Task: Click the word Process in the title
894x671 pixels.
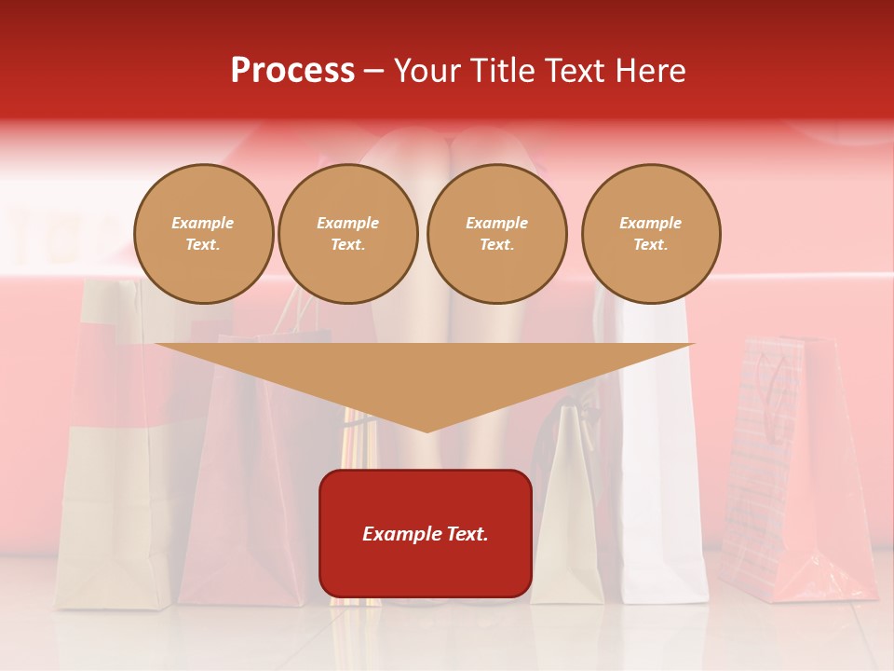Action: coord(292,71)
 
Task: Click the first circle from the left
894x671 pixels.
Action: coord(203,234)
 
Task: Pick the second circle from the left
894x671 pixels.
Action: coord(347,234)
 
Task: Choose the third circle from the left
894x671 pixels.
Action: coord(496,234)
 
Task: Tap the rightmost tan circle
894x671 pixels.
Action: coord(651,234)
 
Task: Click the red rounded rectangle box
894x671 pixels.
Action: coord(426,533)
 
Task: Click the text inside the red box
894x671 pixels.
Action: coord(426,534)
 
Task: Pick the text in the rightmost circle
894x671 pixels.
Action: coord(651,234)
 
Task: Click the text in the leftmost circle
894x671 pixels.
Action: coord(203,234)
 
